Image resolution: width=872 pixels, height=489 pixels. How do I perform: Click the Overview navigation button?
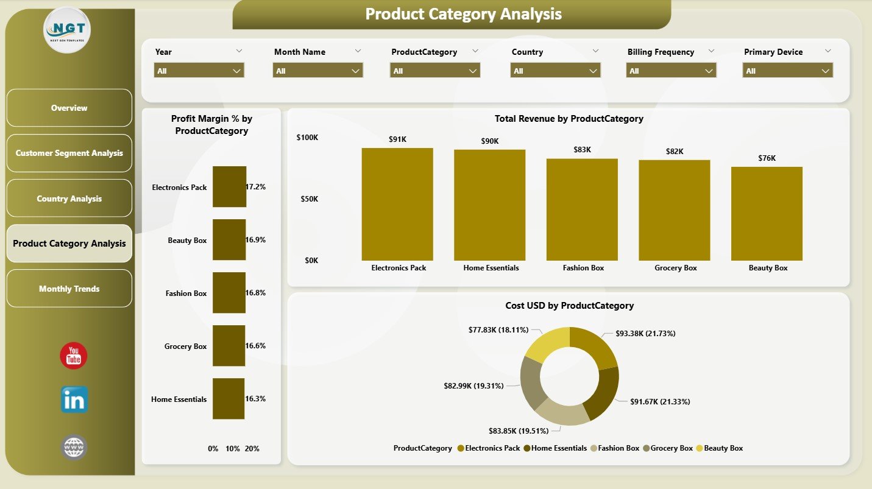(x=69, y=108)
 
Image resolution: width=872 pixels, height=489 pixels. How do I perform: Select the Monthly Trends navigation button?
(x=69, y=289)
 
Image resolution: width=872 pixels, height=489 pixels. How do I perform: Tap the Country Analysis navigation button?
(x=69, y=199)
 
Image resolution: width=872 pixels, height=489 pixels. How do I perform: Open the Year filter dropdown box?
(x=199, y=71)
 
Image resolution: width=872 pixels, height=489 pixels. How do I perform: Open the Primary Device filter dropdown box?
(x=787, y=71)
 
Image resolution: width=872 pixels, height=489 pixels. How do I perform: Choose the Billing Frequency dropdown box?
(x=671, y=71)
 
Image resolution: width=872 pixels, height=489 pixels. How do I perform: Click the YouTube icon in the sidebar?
(x=74, y=356)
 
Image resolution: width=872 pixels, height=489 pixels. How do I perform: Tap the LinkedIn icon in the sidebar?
(x=74, y=400)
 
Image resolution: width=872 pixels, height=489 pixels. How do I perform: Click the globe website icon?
(x=74, y=448)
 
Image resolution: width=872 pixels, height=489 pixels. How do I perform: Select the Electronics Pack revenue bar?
(x=397, y=204)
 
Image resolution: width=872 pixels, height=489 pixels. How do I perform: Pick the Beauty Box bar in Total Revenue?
(x=767, y=213)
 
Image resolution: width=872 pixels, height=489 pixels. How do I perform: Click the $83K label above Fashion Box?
(x=582, y=149)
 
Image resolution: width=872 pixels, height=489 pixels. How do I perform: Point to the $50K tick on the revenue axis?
(x=307, y=199)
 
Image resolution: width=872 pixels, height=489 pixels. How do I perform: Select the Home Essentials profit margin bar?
(x=229, y=399)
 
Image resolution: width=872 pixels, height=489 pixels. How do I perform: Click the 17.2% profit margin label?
(x=255, y=187)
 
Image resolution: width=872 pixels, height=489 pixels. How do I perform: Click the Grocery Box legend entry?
(x=669, y=448)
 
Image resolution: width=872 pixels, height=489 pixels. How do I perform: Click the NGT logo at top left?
(x=67, y=30)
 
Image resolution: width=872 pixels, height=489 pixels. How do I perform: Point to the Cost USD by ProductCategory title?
(x=569, y=306)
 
